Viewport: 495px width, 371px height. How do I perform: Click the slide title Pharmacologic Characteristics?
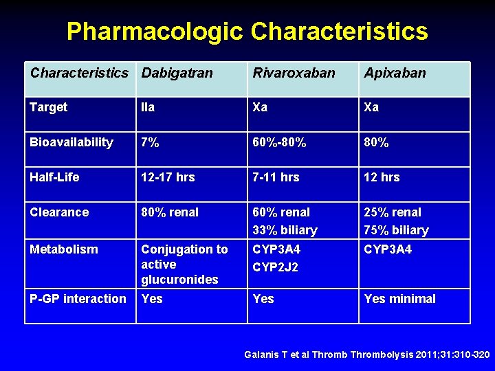point(247,32)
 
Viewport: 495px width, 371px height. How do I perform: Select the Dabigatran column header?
point(177,73)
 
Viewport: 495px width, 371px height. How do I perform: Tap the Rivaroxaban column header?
point(294,73)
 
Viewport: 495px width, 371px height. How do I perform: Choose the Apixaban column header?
point(395,73)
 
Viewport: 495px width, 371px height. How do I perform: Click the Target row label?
point(49,107)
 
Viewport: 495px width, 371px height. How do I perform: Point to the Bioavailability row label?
point(71,142)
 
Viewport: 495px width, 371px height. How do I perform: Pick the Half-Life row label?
point(54,177)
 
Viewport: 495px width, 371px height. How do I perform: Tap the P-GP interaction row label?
point(78,299)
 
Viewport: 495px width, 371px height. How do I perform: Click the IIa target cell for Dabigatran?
point(148,107)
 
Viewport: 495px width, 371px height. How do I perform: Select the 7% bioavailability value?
point(150,142)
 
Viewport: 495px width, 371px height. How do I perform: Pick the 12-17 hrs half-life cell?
point(168,177)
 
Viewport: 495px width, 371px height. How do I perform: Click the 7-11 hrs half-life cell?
point(276,177)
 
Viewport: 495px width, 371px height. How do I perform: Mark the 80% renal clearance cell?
point(170,212)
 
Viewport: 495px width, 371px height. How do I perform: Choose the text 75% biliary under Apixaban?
point(396,230)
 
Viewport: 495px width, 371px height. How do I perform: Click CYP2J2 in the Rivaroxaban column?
point(276,267)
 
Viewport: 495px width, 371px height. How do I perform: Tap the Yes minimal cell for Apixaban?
point(399,299)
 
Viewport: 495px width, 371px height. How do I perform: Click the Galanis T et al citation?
point(367,355)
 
